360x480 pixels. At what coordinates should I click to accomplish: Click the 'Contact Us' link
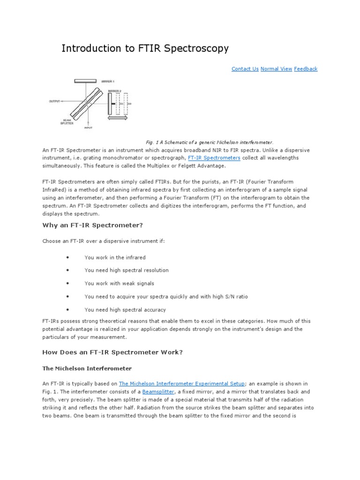[245, 69]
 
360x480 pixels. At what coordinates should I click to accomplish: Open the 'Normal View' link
[276, 69]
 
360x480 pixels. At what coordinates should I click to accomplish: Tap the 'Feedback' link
[306, 69]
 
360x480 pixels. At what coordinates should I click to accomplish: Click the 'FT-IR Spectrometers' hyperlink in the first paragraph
[214, 158]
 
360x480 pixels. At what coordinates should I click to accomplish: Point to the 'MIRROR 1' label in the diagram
[108, 82]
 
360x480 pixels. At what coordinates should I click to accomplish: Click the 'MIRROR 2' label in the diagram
[114, 91]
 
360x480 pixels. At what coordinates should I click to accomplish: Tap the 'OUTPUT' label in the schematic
[55, 101]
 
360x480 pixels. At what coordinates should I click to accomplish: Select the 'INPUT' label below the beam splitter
[88, 127]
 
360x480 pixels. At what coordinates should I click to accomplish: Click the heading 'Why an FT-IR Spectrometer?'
[92, 225]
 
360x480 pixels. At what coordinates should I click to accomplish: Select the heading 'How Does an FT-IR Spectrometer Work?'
[111, 352]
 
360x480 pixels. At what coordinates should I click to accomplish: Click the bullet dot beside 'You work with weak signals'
[68, 284]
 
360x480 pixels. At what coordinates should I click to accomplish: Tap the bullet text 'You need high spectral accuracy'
[125, 310]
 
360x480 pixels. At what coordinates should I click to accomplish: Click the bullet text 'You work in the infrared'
[115, 257]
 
